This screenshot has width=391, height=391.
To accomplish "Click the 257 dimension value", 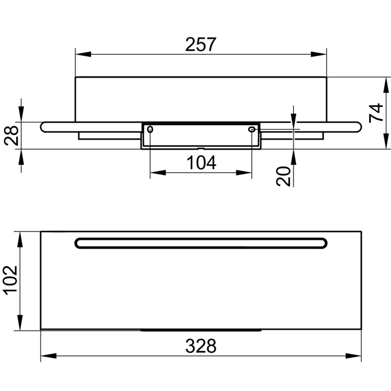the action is click(201, 45).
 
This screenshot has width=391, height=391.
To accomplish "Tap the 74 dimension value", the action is click(376, 113).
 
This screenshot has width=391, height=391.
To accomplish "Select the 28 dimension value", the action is click(12, 135).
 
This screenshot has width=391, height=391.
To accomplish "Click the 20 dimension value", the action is click(283, 176).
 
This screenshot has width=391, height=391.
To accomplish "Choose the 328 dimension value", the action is click(201, 346).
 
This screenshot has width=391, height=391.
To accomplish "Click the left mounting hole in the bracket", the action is click(150, 129).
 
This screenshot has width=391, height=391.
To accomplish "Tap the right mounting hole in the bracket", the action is click(252, 129).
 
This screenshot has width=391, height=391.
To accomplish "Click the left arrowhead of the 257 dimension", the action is click(83, 54).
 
